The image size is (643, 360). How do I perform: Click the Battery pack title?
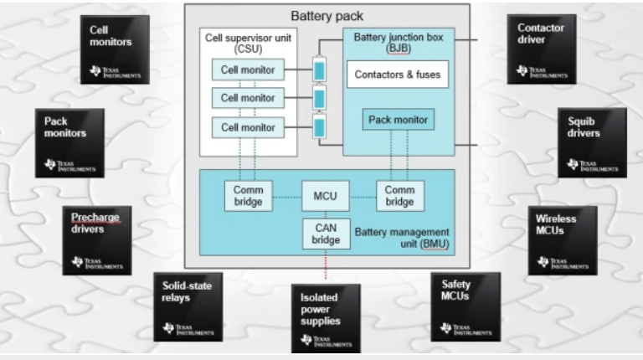(x=327, y=16)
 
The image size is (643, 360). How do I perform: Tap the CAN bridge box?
(x=326, y=234)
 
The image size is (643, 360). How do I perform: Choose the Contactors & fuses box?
(x=397, y=75)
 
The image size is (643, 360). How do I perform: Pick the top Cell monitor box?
(x=248, y=69)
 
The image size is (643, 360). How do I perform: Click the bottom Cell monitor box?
(x=248, y=127)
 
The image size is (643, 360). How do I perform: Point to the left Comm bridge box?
(x=248, y=196)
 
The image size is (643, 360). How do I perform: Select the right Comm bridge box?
(x=399, y=196)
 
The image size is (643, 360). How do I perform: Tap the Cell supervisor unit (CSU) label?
(x=249, y=44)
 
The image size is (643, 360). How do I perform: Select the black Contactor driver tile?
(x=541, y=49)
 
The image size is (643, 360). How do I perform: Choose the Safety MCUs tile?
(x=465, y=306)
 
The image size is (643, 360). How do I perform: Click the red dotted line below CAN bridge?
(x=326, y=266)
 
